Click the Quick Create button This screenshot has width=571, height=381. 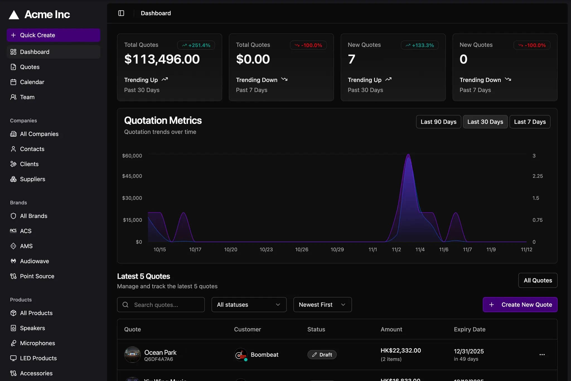click(53, 35)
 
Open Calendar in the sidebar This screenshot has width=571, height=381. click(32, 82)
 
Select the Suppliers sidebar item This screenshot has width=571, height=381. click(32, 179)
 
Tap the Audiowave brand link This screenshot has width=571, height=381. click(34, 261)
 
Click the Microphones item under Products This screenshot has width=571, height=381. click(37, 343)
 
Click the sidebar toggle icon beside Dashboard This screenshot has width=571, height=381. click(121, 13)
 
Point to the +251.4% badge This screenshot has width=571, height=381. click(196, 45)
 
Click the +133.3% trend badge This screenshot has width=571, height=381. click(420, 45)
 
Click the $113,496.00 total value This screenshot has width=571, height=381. click(162, 59)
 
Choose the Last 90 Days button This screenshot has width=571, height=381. click(438, 122)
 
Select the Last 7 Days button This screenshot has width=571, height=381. click(530, 122)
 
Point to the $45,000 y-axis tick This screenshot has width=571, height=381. click(132, 176)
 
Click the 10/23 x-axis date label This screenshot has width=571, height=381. click(266, 250)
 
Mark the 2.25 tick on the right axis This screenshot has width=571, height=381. click(537, 176)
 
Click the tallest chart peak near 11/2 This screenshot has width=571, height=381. click(408, 155)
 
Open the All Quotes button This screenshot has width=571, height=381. click(538, 281)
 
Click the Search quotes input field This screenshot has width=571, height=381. click(161, 305)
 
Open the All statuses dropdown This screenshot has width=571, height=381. click(249, 305)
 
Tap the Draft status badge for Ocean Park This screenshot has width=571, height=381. click(322, 355)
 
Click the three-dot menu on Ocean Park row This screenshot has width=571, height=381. click(542, 355)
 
